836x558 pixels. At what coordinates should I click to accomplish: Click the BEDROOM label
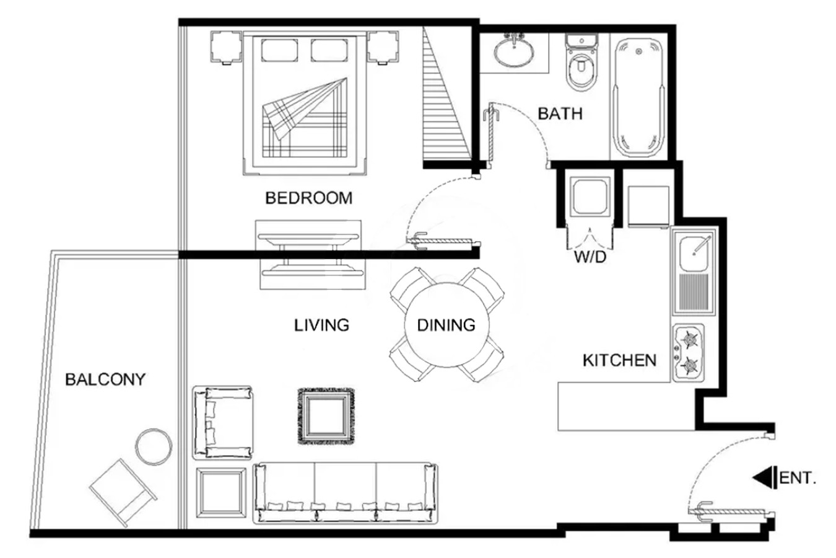pos(308,198)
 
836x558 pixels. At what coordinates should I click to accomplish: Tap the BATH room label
pos(560,113)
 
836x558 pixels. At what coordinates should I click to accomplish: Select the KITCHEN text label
pos(619,360)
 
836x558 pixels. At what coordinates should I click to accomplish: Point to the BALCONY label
pos(105,379)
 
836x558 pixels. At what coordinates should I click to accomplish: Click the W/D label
pos(590,257)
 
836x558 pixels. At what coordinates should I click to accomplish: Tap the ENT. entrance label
pos(798,478)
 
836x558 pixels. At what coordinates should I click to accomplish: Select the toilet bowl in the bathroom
pos(581,72)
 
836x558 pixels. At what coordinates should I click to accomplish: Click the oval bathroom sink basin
pos(514,55)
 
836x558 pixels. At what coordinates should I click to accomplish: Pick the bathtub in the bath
pos(639,98)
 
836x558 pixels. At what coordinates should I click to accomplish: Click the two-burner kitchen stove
pos(689,353)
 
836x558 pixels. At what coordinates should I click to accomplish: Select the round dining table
pos(446,325)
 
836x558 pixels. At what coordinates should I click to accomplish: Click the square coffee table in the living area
pos(326,416)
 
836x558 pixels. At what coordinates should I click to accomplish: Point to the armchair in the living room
pos(222,422)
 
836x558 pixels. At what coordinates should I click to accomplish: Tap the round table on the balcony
pos(154,446)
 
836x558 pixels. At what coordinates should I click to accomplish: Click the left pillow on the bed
pos(279,50)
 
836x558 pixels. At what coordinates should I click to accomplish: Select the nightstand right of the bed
pos(383,48)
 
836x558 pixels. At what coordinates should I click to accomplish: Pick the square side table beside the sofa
pos(221,493)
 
